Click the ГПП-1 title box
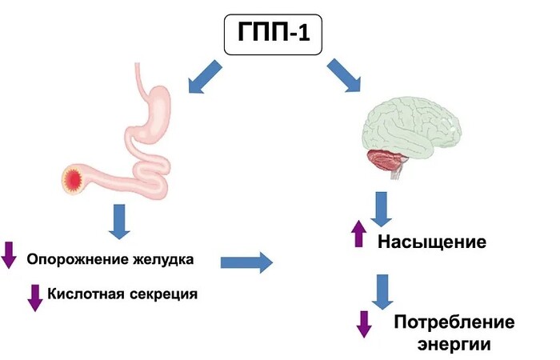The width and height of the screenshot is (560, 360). [274, 34]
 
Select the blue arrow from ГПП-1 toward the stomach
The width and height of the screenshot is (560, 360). [205, 77]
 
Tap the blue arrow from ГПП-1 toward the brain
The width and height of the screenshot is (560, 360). [344, 75]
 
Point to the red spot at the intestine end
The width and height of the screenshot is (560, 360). [73, 178]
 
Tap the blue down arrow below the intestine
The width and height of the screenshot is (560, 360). [119, 222]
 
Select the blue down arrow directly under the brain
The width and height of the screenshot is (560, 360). [381, 209]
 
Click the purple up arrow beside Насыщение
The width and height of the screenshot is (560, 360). [358, 234]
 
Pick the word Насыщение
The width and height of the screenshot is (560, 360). [432, 242]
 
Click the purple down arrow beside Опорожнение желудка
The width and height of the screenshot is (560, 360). [9, 255]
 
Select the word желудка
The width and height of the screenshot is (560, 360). [163, 259]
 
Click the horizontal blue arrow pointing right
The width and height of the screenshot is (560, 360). [246, 263]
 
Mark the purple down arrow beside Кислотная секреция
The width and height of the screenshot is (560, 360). [35, 298]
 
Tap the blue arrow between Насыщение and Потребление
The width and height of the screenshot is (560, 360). [382, 292]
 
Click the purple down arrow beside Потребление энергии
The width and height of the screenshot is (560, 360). [364, 324]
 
